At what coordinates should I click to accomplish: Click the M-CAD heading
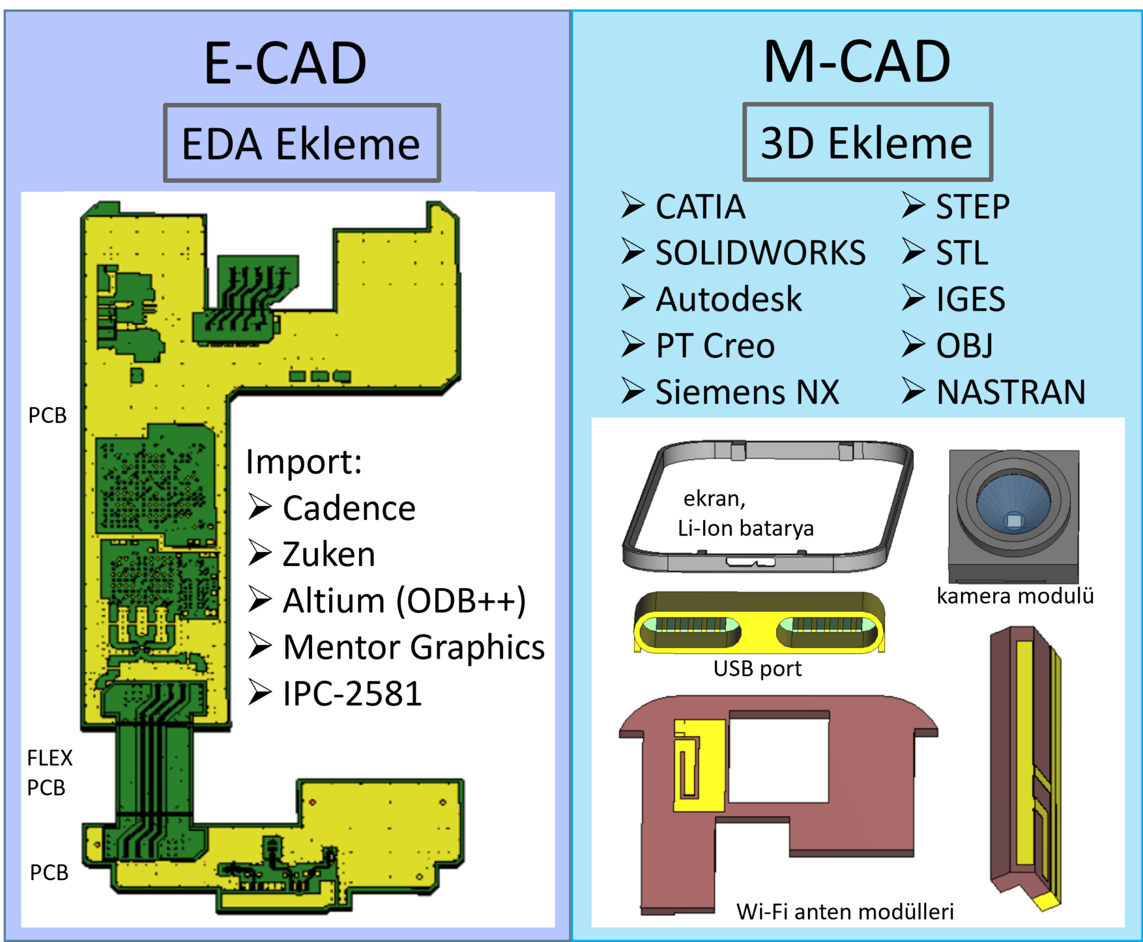coord(857,62)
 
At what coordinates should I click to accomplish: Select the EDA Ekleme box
coord(302,143)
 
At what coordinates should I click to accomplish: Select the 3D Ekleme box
coord(867,142)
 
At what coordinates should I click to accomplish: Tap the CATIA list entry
coord(700,207)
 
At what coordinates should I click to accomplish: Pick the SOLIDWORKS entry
coord(760,253)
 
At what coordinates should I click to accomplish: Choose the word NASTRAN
coord(1011,392)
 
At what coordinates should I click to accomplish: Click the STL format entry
coord(962,253)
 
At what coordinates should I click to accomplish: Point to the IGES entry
coord(970,299)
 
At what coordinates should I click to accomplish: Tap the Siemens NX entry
coord(747,392)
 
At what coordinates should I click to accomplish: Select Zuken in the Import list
coord(329,554)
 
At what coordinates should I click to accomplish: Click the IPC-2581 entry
coord(352,693)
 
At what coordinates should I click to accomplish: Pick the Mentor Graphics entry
coord(414,647)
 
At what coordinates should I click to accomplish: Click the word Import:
coord(304,462)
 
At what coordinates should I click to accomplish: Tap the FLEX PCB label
coord(49,772)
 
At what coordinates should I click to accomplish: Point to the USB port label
coord(757,669)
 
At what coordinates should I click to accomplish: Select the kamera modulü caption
coord(1015,596)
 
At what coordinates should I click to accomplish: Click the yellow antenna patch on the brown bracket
coord(699,765)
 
